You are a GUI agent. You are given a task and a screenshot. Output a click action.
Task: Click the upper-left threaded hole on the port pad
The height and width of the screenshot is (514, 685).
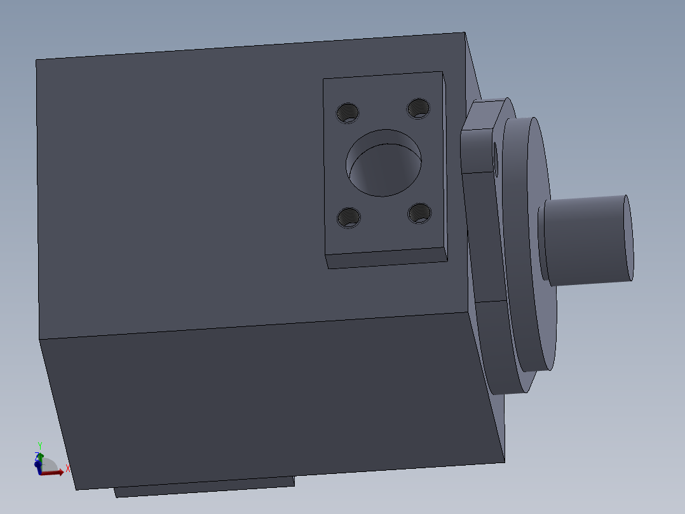pyautogui.click(x=348, y=113)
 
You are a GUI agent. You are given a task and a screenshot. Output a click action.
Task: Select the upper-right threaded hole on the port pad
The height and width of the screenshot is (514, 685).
pyautogui.click(x=419, y=108)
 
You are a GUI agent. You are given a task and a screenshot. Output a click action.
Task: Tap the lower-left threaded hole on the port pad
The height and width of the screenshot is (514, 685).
pyautogui.click(x=349, y=218)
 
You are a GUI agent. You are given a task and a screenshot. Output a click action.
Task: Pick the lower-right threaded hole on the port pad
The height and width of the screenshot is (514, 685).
pyautogui.click(x=419, y=213)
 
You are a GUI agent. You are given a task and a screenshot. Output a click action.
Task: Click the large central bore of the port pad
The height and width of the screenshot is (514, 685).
pyautogui.click(x=384, y=163)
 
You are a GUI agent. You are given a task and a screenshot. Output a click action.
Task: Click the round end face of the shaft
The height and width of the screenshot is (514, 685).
pyautogui.click(x=629, y=237)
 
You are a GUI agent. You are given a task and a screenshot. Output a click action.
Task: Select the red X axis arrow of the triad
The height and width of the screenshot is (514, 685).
pyautogui.click(x=52, y=473)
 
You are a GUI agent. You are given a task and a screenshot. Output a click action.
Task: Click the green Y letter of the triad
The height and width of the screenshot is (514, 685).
pyautogui.click(x=40, y=446)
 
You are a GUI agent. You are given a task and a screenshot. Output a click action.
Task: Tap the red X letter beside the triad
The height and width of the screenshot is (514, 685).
pyautogui.click(x=68, y=468)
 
